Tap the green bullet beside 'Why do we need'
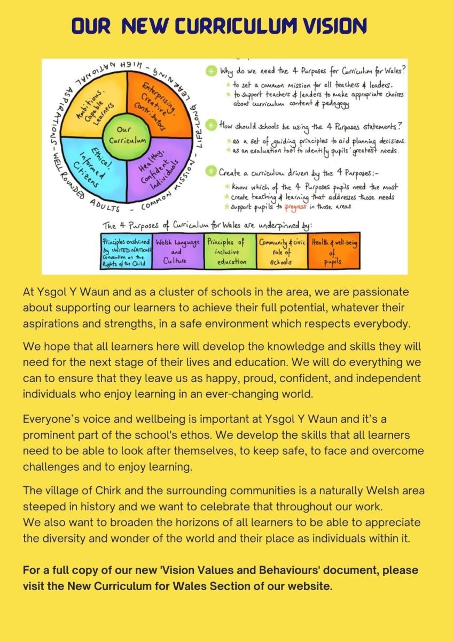(x=211, y=72)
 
